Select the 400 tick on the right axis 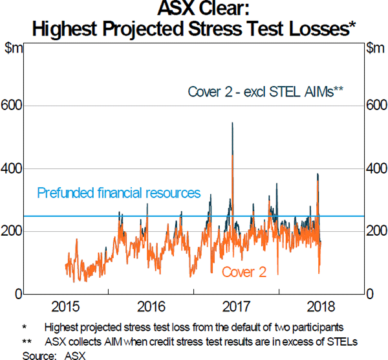click(376, 168)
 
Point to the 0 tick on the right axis click(370, 295)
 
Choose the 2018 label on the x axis click(320, 307)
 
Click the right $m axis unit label click(375, 48)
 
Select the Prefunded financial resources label click(119, 193)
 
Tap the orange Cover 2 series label click(244, 273)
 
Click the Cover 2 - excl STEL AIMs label click(264, 91)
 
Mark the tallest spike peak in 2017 click(232, 123)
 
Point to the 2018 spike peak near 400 click(318, 174)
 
